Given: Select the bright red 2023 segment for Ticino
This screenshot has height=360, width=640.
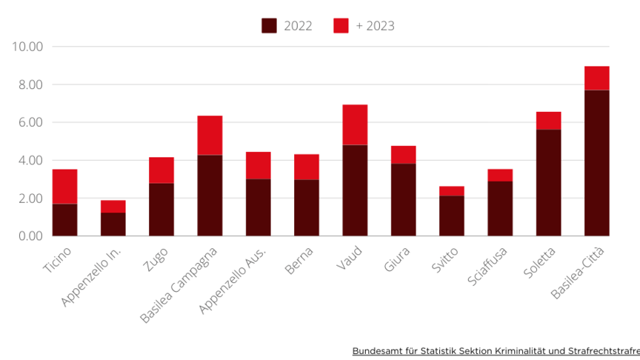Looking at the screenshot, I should tap(65, 187).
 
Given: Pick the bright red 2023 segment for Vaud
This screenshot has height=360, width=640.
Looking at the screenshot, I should tap(355, 124).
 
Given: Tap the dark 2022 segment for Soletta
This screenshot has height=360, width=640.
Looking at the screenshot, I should tap(548, 183).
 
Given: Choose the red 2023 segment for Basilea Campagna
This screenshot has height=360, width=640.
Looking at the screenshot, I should tap(210, 136).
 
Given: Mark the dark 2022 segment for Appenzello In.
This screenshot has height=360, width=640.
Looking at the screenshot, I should tap(113, 224).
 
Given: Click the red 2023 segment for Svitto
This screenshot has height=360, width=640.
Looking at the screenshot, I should tap(451, 191).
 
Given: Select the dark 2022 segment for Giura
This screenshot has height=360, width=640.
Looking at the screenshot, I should tap(403, 200).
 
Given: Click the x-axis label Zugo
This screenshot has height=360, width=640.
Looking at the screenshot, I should tap(158, 261).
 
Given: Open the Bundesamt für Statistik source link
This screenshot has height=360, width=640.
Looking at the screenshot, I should tap(496, 350).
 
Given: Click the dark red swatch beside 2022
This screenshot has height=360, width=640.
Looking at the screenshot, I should tap(269, 26).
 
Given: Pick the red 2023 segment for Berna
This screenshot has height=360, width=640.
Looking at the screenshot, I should tap(307, 167).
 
